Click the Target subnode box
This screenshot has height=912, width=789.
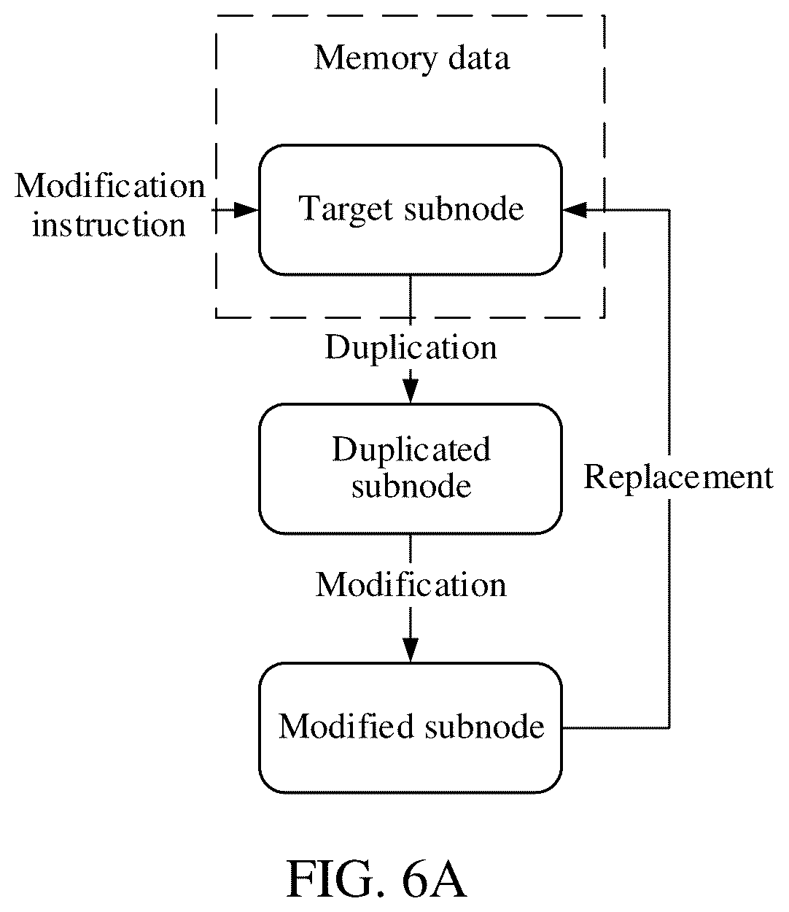click(410, 210)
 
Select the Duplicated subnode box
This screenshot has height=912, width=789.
click(410, 469)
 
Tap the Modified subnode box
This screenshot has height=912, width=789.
click(410, 727)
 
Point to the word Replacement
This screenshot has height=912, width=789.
click(678, 479)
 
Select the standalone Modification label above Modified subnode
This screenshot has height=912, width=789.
click(411, 585)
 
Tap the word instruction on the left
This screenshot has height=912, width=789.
click(109, 225)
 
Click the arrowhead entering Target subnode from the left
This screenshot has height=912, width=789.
click(246, 210)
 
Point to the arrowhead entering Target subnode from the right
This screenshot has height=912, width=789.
click(575, 210)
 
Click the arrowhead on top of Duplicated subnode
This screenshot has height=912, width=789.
click(411, 391)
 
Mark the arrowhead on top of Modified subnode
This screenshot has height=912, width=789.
click(411, 650)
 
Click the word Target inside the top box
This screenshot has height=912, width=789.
click(346, 210)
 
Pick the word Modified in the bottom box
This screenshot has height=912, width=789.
click(346, 727)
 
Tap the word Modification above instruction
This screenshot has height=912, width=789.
click(110, 187)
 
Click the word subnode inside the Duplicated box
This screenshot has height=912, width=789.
click(411, 487)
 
